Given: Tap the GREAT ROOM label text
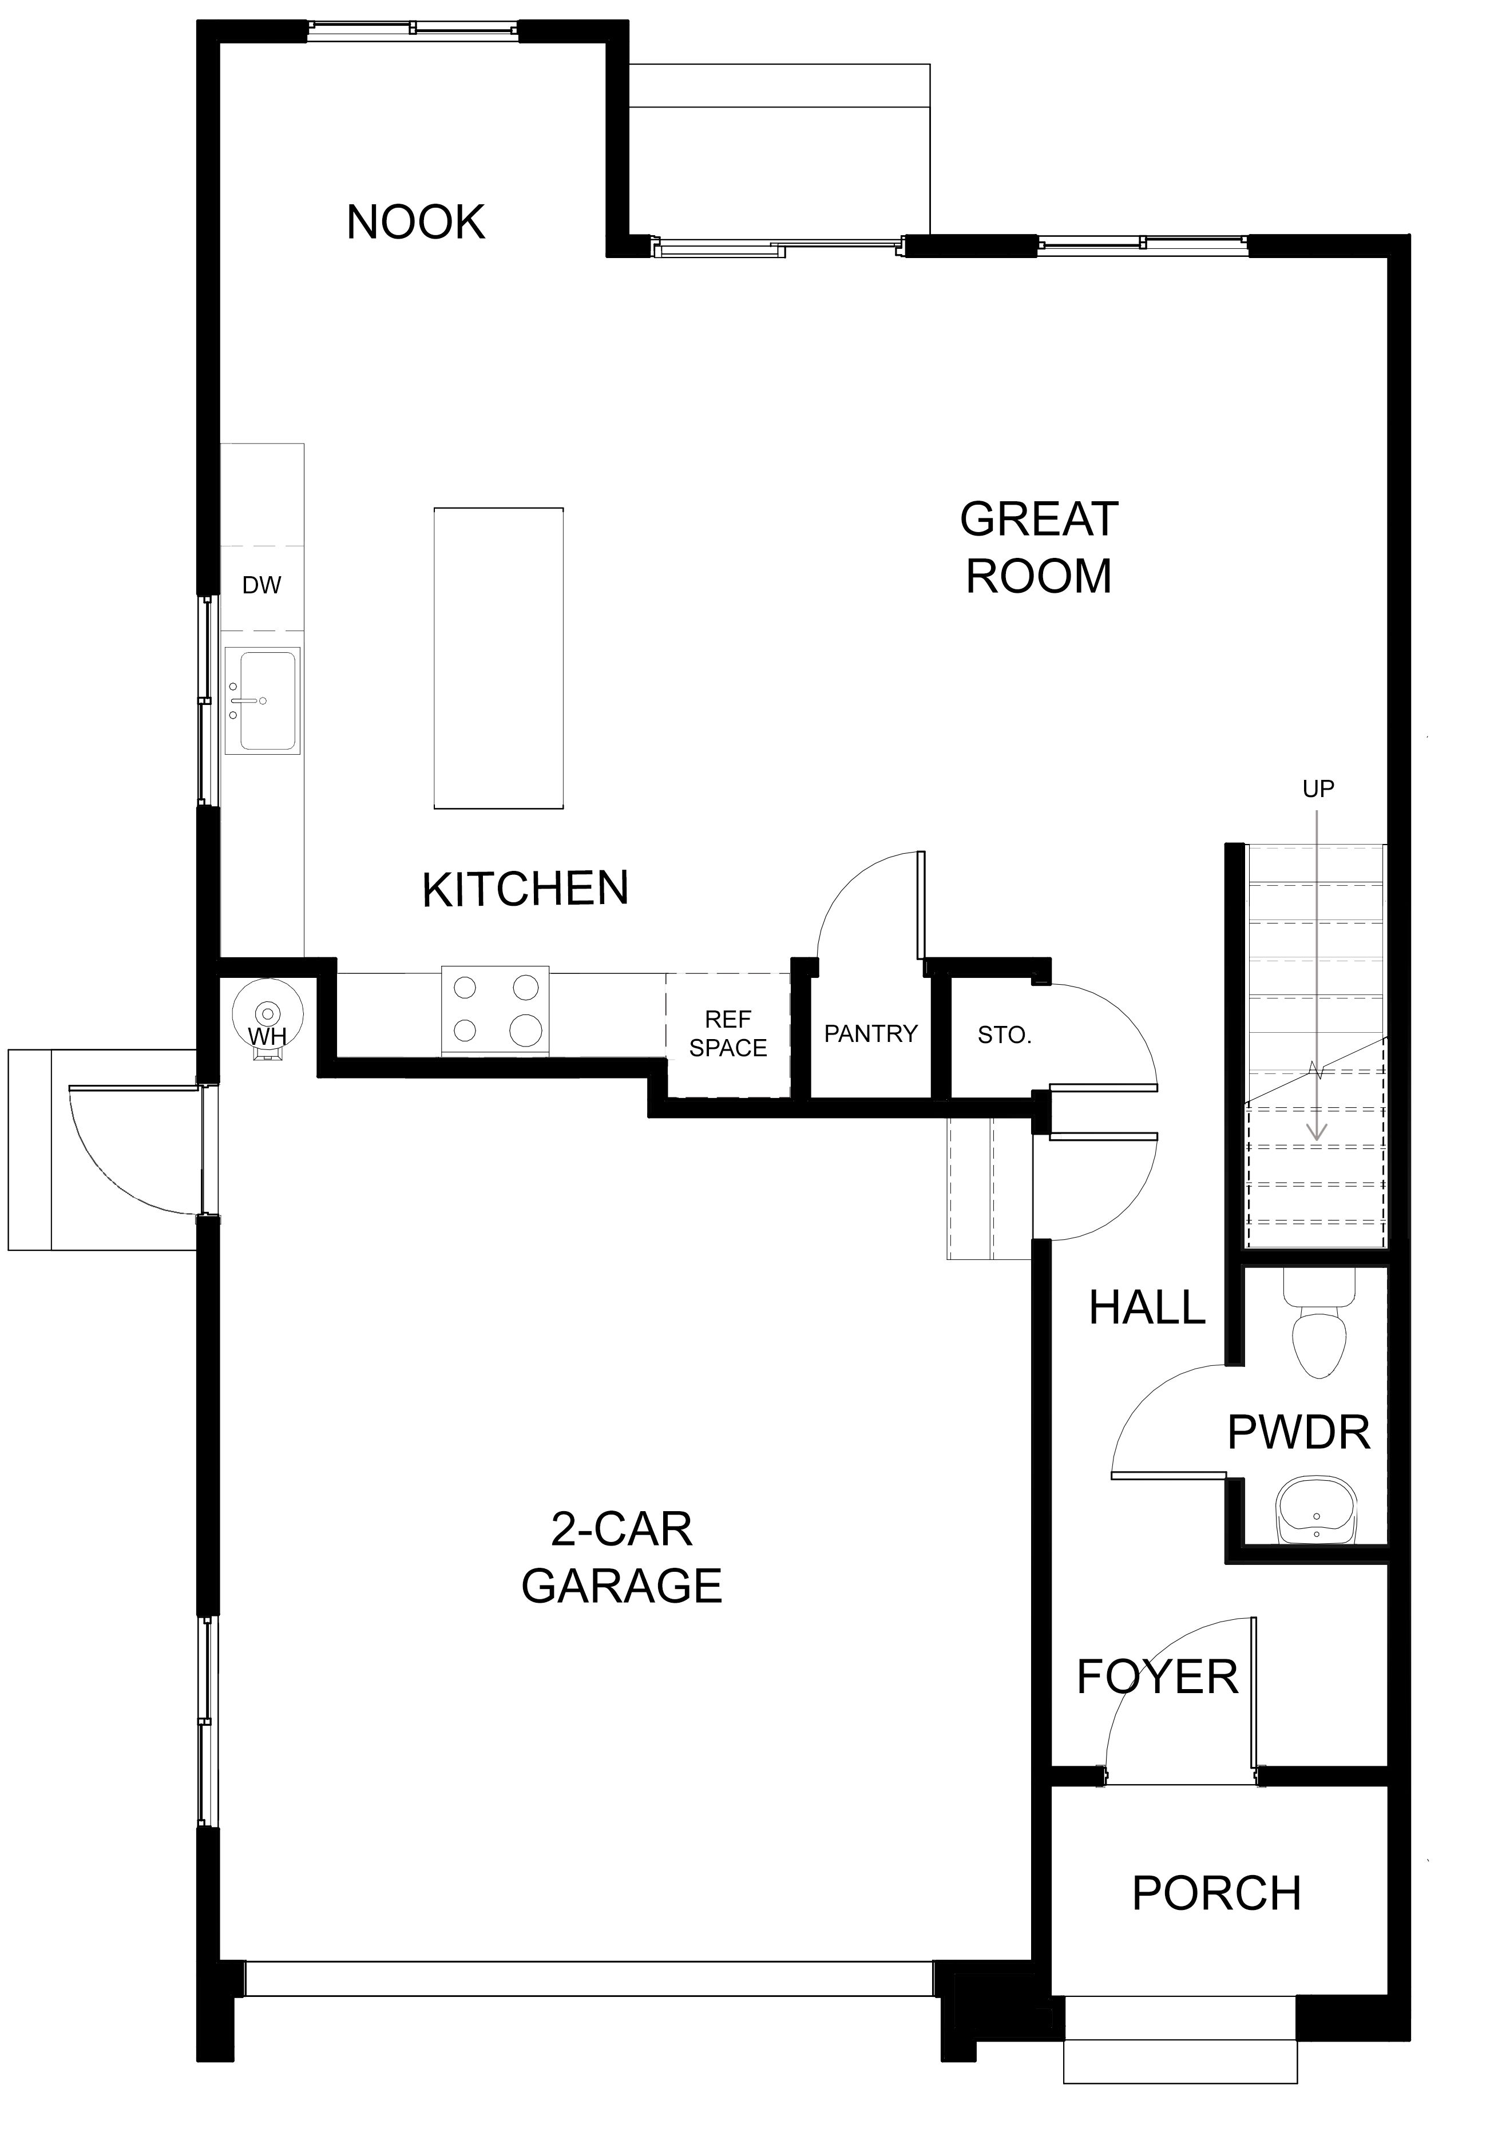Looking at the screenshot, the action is (1039, 548).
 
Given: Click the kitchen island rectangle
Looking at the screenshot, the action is (498, 658).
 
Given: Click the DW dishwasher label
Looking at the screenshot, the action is (261, 585).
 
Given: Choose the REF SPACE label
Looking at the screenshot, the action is (728, 1033).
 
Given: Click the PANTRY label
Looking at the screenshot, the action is (871, 1033).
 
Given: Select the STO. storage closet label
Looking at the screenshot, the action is (1005, 1035).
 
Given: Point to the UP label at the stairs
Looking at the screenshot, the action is (1318, 790).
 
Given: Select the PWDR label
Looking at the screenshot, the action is (1299, 1433).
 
